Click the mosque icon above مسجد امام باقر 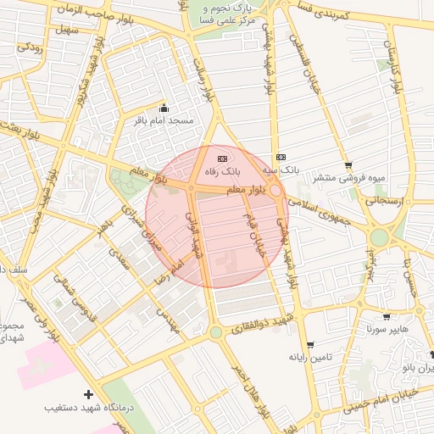tap(164, 108)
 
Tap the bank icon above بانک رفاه tap(222, 158)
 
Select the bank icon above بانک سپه tap(281, 157)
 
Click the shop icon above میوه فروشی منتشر tap(348, 165)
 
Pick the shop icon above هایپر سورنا tap(387, 317)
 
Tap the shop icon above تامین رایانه tap(309, 344)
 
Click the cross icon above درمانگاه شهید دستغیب tap(88, 394)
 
